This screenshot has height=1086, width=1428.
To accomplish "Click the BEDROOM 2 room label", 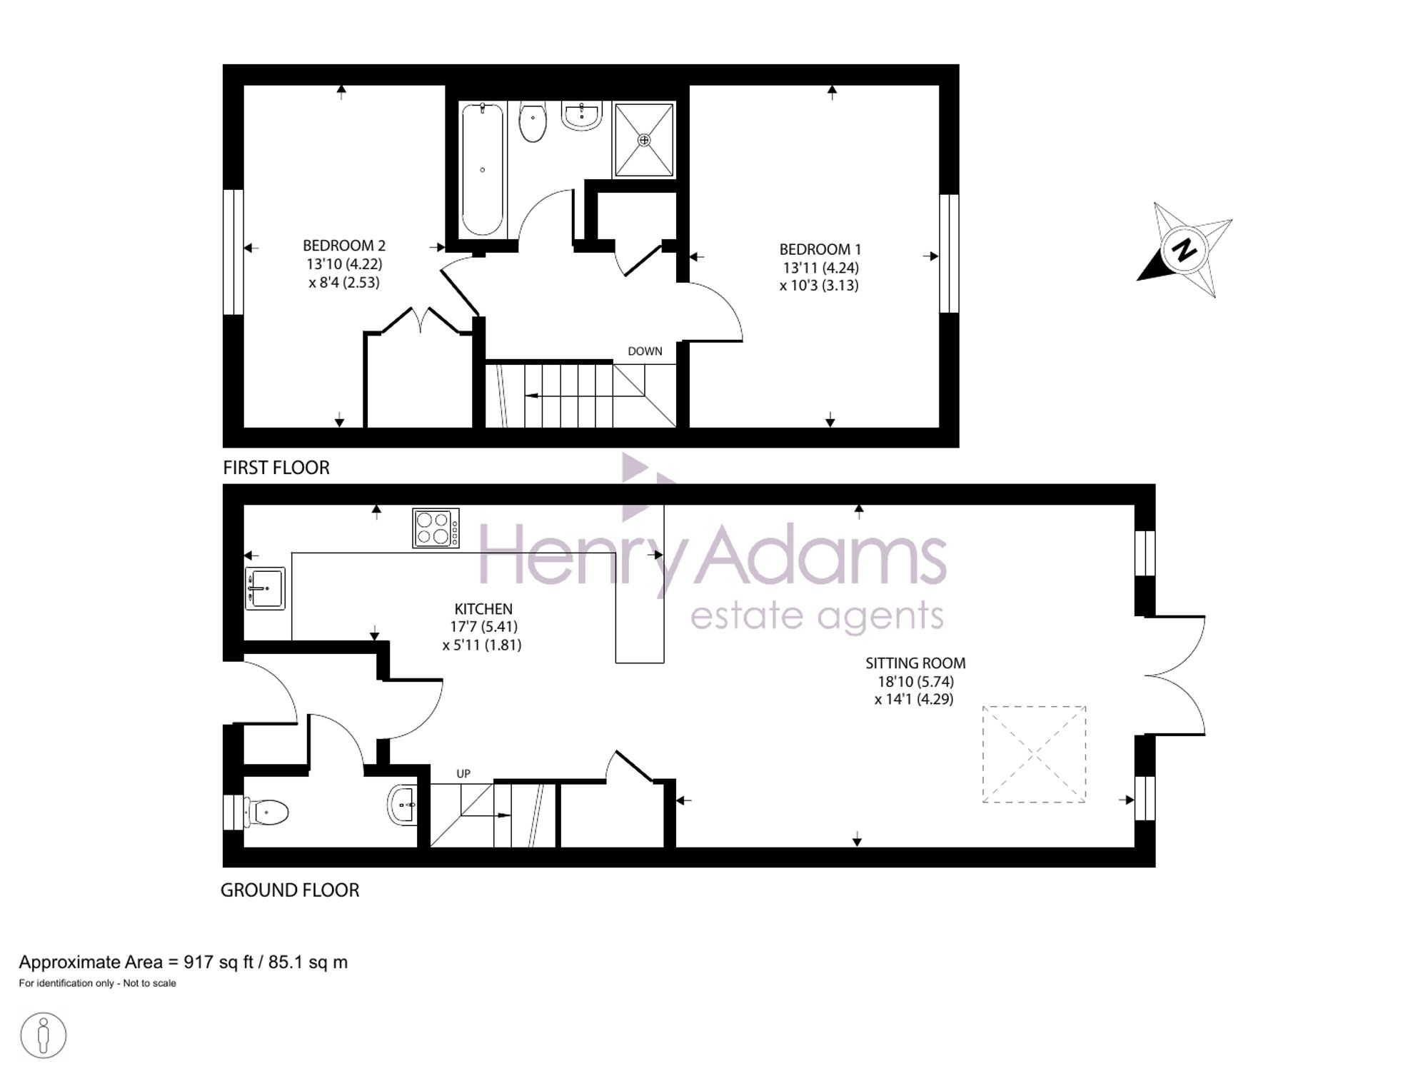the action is (x=344, y=246).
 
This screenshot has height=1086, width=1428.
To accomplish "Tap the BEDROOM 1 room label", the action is (x=820, y=250).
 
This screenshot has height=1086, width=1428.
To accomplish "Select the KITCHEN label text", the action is (x=483, y=609).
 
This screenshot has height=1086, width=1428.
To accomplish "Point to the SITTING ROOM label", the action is (x=915, y=663).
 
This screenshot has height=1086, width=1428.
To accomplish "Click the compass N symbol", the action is (x=1185, y=250).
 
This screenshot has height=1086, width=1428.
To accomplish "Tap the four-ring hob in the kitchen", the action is (x=436, y=528).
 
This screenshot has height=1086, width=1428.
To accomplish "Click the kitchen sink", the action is (x=265, y=588).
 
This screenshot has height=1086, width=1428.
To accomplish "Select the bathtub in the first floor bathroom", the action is (x=483, y=169).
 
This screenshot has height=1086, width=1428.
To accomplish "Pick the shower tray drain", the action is (x=644, y=140).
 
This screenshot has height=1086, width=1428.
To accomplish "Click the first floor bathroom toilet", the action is (x=533, y=122).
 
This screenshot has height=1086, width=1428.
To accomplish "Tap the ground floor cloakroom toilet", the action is (x=266, y=813).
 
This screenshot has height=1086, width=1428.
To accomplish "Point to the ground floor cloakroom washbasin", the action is (x=403, y=805).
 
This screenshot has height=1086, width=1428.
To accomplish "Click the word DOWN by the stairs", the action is (x=645, y=351).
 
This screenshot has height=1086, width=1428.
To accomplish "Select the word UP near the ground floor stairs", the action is (x=463, y=773).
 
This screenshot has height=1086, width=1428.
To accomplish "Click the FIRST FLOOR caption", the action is (x=276, y=468).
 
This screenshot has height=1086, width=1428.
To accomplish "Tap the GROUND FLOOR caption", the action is (x=290, y=890).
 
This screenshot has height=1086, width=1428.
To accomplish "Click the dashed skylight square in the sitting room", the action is (x=983, y=754).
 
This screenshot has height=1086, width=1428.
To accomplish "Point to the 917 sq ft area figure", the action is (x=218, y=962).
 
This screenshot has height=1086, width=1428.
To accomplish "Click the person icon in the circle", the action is (x=44, y=1035).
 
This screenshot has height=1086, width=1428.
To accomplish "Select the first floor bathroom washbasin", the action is (x=582, y=116).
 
